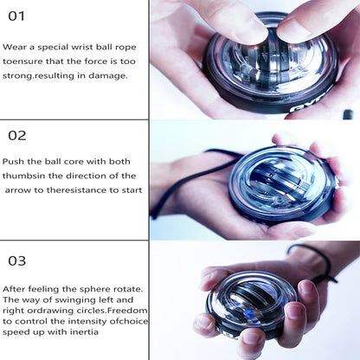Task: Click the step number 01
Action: click(x=16, y=16)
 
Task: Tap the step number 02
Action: click(x=17, y=135)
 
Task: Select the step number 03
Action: click(x=17, y=260)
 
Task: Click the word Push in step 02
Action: click(x=14, y=161)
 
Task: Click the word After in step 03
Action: click(x=15, y=288)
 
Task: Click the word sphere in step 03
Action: click(x=89, y=288)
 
